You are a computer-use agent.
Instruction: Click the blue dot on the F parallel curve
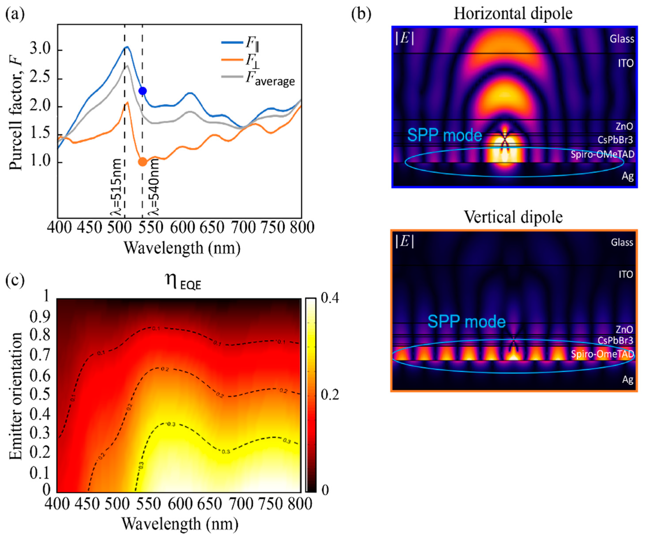point(143,91)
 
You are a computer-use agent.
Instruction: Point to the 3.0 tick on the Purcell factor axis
point(40,50)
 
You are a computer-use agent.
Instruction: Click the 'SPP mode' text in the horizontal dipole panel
point(445,135)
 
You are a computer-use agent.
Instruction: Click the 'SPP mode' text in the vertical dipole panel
point(466,322)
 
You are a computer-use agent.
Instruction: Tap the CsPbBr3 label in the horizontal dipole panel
point(615,140)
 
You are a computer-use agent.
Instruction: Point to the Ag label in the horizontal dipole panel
point(628,176)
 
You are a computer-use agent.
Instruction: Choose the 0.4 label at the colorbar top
point(329,298)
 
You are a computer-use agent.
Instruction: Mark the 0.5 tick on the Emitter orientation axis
point(40,394)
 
